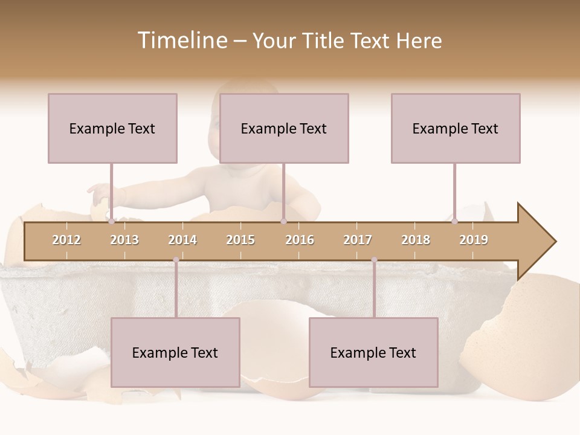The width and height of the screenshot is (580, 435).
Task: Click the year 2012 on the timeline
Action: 66,240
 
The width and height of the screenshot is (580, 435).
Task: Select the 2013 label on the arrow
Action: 124,240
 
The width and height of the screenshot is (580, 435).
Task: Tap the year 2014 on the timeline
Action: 182,240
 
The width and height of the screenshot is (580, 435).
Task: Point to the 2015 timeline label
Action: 240,240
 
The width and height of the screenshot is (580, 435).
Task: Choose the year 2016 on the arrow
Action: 300,240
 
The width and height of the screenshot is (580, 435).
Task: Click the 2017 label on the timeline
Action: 358,240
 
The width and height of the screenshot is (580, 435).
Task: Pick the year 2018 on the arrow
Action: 416,240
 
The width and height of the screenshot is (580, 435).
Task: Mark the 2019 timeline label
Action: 474,240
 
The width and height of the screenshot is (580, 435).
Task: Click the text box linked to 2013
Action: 112,128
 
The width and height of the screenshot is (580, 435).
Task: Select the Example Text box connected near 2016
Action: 284,128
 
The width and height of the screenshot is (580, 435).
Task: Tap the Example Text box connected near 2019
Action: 456,128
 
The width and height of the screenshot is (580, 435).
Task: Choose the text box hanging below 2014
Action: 175,352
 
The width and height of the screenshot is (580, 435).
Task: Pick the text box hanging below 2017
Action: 373,352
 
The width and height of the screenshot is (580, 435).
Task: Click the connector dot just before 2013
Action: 111,221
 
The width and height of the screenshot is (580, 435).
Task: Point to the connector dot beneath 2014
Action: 176,260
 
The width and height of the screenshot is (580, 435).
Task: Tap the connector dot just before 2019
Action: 454,221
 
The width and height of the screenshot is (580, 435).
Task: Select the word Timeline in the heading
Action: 182,40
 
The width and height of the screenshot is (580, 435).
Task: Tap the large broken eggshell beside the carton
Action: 526,338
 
